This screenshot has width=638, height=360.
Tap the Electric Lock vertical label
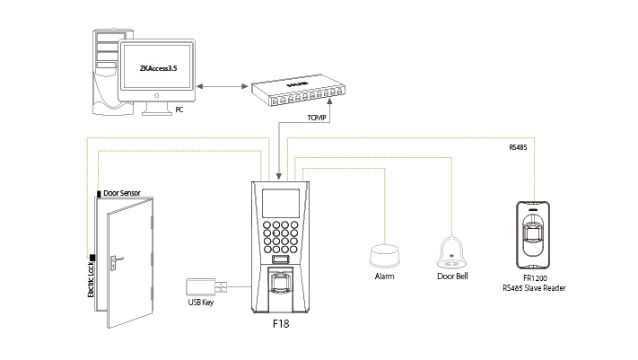tap(92, 281)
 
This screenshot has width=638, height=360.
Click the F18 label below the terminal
tap(282, 320)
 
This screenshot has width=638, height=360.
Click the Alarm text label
tap(385, 277)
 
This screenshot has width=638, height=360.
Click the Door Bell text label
tap(450, 277)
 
